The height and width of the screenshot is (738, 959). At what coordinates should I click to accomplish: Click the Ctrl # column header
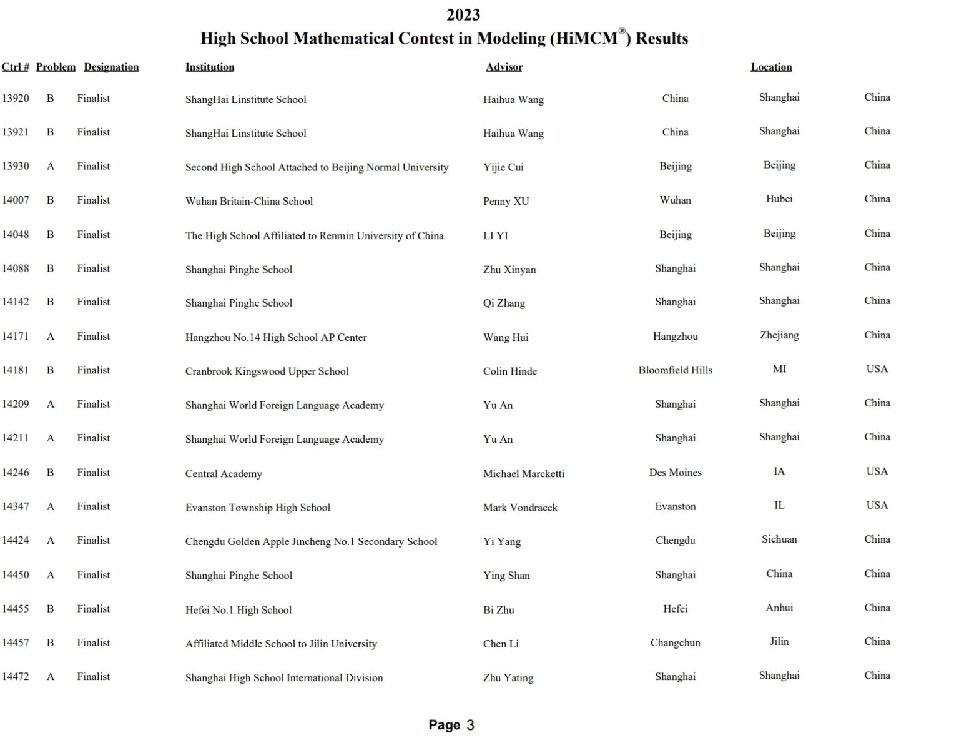click(x=15, y=67)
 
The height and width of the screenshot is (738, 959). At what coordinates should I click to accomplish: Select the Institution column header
click(x=210, y=67)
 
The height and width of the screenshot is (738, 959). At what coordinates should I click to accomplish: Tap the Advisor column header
click(x=504, y=67)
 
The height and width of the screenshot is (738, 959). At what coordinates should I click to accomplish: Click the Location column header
click(x=771, y=67)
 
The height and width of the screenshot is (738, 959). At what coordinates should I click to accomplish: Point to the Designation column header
click(x=111, y=67)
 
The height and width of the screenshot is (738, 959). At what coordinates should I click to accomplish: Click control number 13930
click(x=16, y=166)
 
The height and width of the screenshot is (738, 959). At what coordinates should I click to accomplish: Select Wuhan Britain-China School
click(x=249, y=201)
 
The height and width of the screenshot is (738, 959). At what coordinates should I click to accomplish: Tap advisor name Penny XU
click(x=506, y=201)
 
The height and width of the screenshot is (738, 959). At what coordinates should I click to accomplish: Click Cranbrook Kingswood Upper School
click(x=267, y=371)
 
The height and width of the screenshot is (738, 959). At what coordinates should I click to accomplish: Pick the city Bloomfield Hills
click(x=675, y=370)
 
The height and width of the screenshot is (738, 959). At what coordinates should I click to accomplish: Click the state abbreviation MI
click(x=779, y=369)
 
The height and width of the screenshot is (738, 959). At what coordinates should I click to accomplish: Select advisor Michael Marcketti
click(x=523, y=473)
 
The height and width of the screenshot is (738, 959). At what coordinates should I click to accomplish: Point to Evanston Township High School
click(x=258, y=508)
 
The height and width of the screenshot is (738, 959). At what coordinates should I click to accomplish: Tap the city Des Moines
click(x=675, y=473)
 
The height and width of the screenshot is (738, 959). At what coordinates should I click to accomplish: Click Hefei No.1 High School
click(x=239, y=610)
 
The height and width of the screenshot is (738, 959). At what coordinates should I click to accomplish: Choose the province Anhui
click(x=779, y=608)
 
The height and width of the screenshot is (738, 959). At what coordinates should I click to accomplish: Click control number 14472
click(x=16, y=676)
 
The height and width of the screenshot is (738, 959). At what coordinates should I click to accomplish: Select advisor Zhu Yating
click(x=508, y=677)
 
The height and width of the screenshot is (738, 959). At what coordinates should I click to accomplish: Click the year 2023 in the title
click(x=463, y=14)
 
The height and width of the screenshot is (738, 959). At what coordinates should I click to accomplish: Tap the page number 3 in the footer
click(x=470, y=725)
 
